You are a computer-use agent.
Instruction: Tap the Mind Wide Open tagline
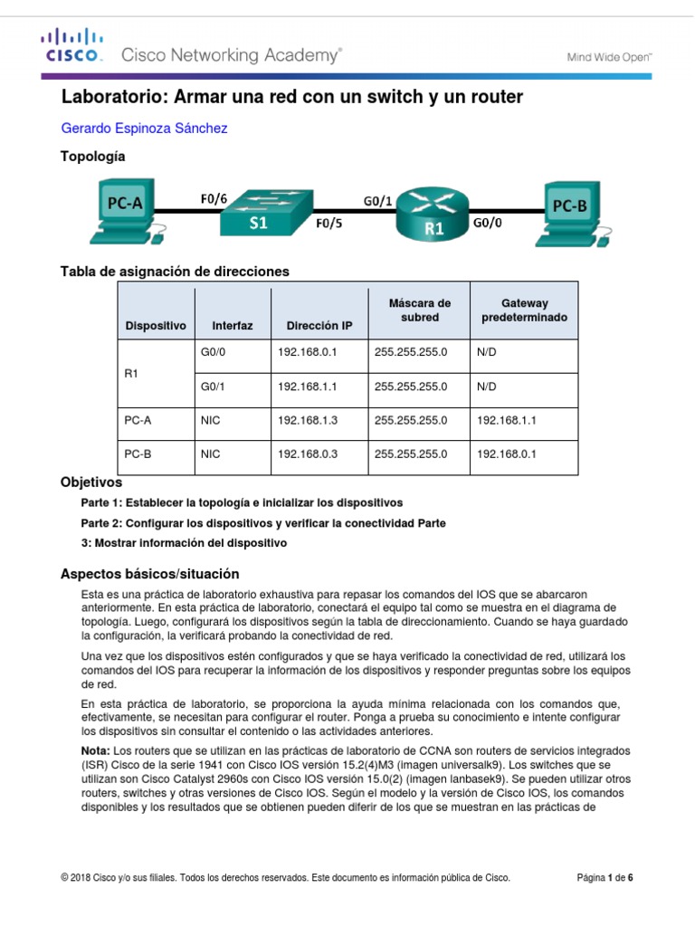(x=609, y=56)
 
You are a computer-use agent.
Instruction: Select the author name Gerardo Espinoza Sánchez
(x=143, y=129)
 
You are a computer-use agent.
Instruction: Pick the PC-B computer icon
(x=570, y=213)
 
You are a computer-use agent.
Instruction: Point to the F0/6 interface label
(x=214, y=197)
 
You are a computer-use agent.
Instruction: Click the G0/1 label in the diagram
(x=376, y=201)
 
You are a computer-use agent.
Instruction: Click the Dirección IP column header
(x=319, y=325)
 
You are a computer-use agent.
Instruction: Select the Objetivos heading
(x=90, y=483)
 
